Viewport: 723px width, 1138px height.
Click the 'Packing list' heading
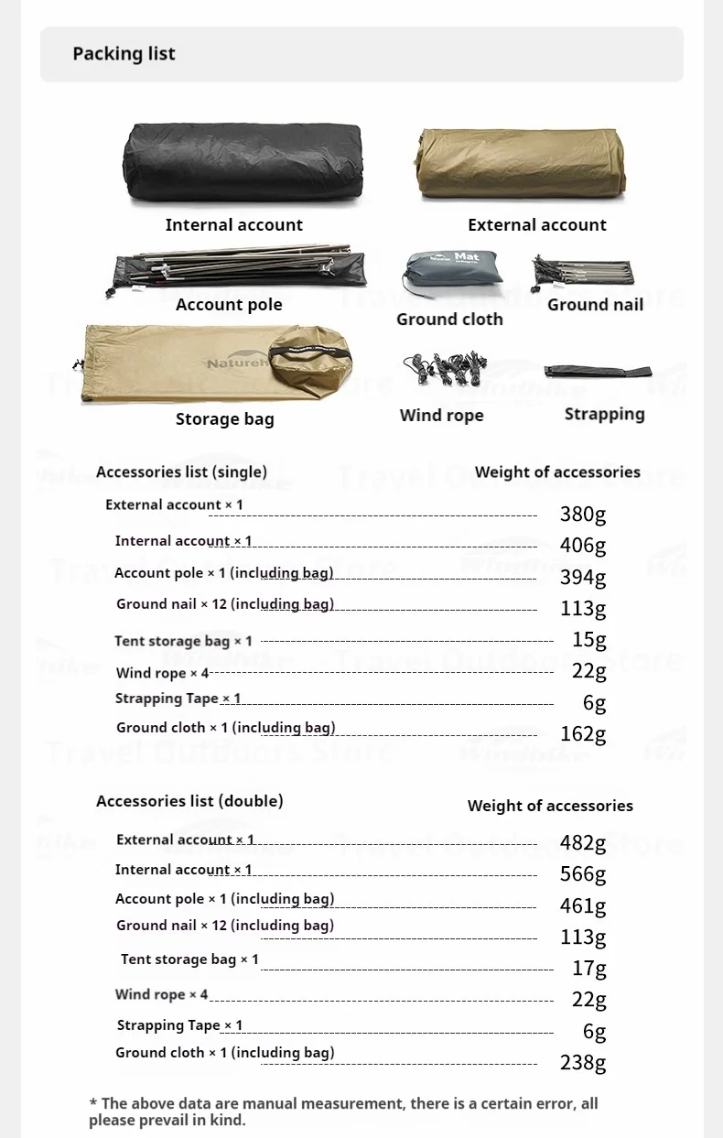[124, 54]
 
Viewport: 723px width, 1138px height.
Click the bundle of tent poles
[238, 267]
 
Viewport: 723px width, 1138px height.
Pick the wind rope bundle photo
[445, 370]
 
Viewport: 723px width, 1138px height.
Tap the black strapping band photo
[597, 372]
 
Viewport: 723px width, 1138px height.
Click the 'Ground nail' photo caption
[595, 305]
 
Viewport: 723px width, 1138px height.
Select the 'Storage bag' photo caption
[224, 419]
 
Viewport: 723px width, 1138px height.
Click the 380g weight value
[583, 514]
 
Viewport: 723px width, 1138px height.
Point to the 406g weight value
[583, 546]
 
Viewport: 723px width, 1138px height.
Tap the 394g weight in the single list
[583, 577]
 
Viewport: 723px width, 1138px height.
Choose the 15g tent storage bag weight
[588, 639]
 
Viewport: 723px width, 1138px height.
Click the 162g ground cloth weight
[583, 733]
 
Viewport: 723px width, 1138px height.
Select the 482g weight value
[583, 842]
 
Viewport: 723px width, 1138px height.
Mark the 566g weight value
[583, 874]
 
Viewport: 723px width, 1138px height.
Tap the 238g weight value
[583, 1062]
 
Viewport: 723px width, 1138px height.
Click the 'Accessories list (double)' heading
[189, 801]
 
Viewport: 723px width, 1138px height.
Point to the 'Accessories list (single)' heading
[181, 472]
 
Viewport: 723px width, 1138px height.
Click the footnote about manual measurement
[343, 1111]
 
